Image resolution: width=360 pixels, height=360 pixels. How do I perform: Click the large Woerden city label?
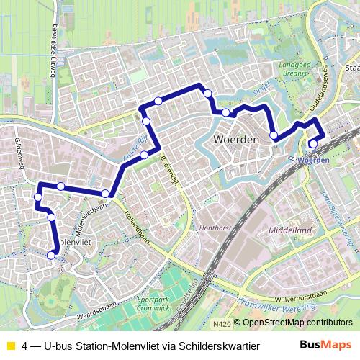237,140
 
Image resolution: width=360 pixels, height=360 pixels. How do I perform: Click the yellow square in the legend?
12,346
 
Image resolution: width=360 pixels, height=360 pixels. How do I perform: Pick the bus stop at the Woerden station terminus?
312,144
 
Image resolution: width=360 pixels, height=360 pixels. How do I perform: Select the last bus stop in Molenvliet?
50,255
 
